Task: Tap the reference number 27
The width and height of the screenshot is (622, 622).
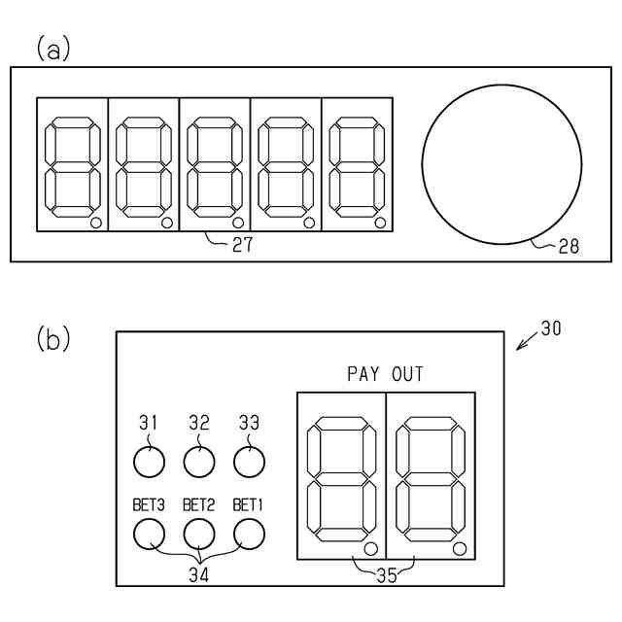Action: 242,246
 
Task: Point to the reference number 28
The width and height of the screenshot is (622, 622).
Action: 569,247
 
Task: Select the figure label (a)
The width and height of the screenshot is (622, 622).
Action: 53,49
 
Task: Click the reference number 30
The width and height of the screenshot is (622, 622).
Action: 550,328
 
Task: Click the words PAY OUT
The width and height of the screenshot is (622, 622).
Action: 385,373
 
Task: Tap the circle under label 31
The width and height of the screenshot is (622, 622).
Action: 148,463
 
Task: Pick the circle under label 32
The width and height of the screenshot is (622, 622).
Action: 198,463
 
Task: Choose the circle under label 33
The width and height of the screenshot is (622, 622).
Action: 249,463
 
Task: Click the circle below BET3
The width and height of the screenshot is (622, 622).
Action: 148,533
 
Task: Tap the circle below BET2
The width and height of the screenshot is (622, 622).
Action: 198,533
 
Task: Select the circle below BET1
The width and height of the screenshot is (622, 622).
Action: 249,533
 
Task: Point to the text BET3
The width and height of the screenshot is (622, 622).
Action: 148,505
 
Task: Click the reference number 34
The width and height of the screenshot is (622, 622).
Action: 198,574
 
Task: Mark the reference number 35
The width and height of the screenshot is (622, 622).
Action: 385,574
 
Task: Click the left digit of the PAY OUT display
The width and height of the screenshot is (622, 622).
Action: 341,476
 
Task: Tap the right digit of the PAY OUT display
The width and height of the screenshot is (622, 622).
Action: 431,476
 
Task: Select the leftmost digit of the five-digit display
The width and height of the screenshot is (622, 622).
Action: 72,165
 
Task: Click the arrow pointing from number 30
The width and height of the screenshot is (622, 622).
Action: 526,341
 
